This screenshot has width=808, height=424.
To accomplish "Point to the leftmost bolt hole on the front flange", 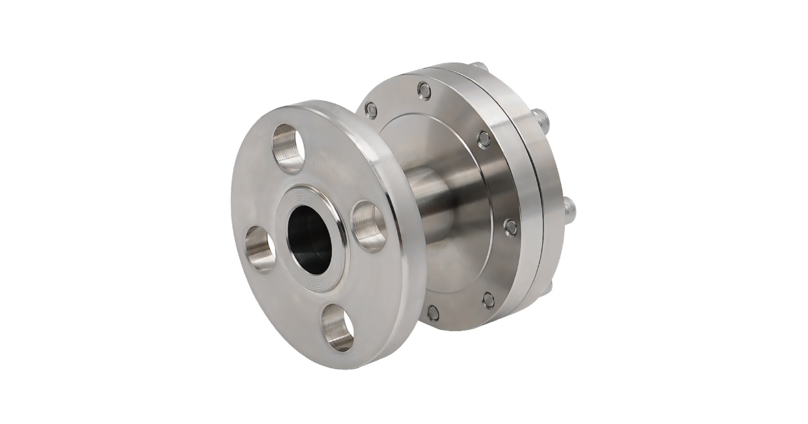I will click(259, 248).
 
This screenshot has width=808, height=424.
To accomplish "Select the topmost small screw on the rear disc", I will click(424, 90).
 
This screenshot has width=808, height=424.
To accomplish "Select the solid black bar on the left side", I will click(73, 212).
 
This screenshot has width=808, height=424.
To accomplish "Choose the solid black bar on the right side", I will click(735, 212).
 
